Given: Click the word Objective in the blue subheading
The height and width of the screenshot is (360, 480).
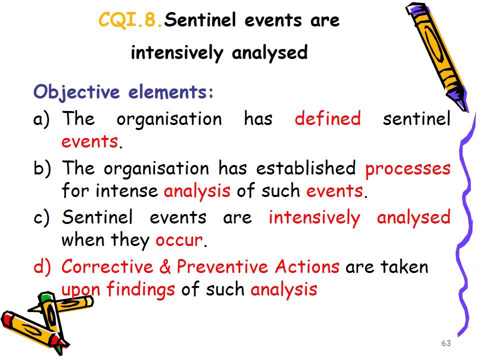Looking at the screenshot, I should tap(76, 92).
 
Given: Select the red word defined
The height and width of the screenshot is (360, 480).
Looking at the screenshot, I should tap(327, 119).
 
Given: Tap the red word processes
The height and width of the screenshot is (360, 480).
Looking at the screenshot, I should tap(407, 169).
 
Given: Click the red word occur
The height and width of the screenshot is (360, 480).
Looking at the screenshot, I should tap(179, 240).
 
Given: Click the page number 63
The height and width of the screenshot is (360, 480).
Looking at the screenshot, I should tap(446, 343).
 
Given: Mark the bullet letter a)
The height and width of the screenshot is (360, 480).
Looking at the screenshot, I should tap(42, 119).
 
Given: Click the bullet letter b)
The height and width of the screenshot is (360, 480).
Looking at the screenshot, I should tap(42, 169).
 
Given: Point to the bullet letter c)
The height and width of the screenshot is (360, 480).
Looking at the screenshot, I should tap(42, 218).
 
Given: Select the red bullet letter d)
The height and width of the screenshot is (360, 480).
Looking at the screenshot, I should tap(42, 267).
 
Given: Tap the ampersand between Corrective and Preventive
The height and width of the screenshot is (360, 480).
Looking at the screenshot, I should tap(165, 267).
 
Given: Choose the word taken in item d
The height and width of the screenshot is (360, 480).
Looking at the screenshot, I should tap(404, 266).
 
